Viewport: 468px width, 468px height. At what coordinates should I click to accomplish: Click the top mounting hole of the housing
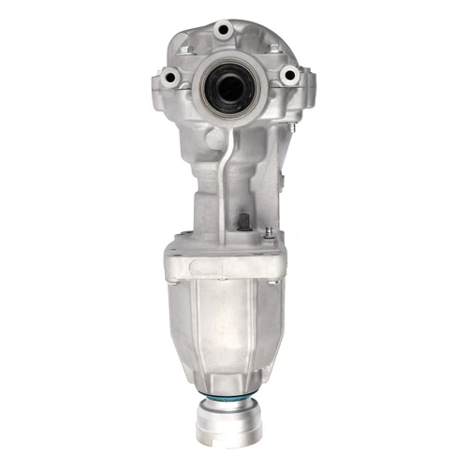(x=223, y=30)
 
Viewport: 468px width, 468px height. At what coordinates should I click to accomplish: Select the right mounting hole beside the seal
(x=289, y=75)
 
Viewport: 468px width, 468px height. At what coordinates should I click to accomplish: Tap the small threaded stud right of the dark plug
(x=269, y=230)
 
